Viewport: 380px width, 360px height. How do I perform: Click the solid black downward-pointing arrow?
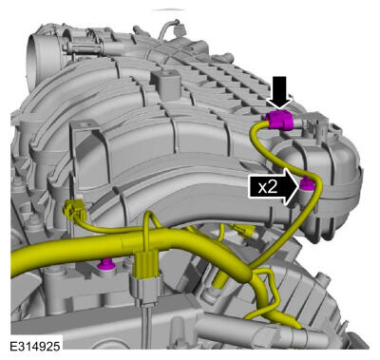coord(279,93)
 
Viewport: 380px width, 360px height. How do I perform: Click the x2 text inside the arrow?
coord(268,187)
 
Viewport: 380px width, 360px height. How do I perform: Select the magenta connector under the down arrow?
coord(279,121)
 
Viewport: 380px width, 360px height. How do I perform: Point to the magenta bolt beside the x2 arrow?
coord(306,184)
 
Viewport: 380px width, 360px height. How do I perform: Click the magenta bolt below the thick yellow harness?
coord(105,264)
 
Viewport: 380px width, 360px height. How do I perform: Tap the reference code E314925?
coord(35,347)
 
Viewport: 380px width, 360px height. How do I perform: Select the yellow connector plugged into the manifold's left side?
coord(75,212)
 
